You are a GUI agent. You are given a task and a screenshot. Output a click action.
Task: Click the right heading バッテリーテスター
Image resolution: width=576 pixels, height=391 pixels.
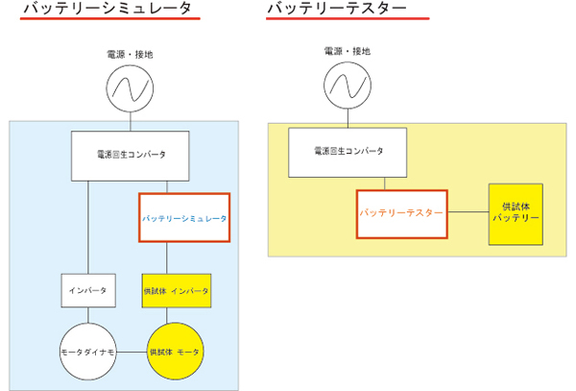coord(335,10)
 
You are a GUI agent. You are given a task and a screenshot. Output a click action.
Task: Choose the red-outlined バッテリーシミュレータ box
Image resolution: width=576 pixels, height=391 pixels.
coord(185,218)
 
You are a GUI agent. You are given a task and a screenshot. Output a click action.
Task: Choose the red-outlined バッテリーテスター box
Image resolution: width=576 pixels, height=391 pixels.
coord(400,211)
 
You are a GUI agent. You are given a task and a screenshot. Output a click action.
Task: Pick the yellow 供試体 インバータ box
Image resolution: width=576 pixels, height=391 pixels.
coord(176,289)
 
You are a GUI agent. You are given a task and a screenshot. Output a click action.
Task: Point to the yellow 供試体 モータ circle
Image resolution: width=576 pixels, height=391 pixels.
coord(176,353)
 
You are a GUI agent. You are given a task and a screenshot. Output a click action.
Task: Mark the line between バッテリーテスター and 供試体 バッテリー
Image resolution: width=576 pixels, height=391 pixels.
coord(467,211)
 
